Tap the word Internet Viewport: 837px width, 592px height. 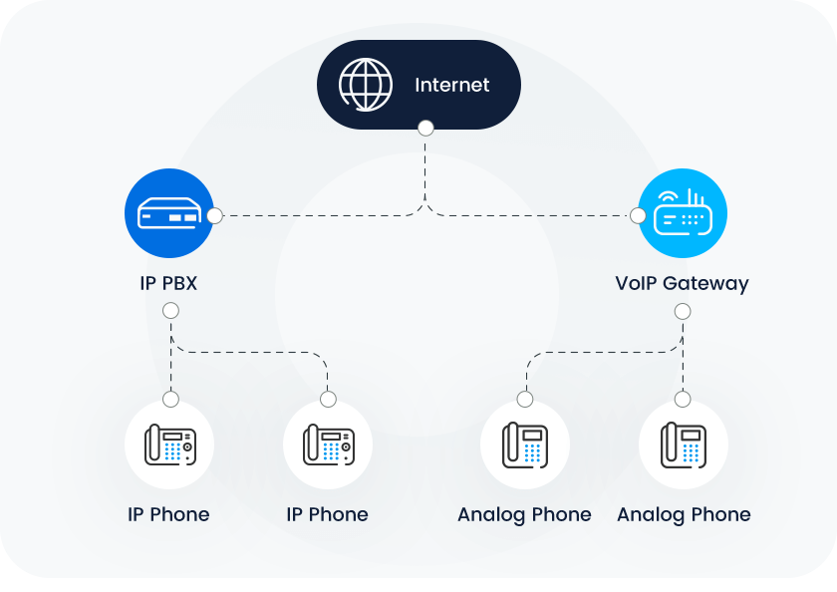coord(451,85)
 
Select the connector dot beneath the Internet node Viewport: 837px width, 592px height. coord(425,129)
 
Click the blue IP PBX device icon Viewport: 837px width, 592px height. coord(168,214)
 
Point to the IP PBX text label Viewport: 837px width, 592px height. coord(168,283)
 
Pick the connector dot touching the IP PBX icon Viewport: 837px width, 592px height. coord(214,214)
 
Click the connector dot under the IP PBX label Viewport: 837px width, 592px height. coord(170,311)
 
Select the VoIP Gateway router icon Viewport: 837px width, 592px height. coord(683,214)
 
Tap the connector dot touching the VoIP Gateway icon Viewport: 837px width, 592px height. coord(638,214)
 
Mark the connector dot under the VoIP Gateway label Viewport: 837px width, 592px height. coord(683,311)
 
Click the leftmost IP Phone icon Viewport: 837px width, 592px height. coord(169,444)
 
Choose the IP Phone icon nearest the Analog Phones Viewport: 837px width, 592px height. coord(327,444)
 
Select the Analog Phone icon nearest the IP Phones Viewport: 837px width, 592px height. coord(524,444)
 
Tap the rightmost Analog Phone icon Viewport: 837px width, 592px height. coord(683,444)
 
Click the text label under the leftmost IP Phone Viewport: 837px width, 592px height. coord(168,514)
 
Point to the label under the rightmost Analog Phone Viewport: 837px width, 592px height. coord(684,514)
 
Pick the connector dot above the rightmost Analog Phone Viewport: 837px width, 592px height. coord(683,399)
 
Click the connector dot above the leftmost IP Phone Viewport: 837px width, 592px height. coord(170,399)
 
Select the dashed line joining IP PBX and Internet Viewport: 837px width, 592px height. coord(319,214)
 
